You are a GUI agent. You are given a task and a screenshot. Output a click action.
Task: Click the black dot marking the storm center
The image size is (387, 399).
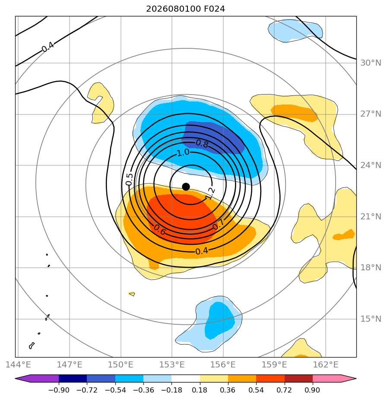pos(186,187)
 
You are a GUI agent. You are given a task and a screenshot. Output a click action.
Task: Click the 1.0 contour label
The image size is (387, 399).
pos(183,153)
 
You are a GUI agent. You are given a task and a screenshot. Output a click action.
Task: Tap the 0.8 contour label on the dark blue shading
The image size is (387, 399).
pos(202,144)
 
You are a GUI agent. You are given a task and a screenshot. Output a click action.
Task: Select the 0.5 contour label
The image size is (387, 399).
pos(129,179)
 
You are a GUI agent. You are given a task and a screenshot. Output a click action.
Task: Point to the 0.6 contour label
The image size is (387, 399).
pos(160,230)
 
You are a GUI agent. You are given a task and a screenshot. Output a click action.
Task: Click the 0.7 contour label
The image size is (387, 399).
pos(218,224)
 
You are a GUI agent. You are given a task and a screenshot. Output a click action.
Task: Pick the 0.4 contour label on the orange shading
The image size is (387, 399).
pos(202,251)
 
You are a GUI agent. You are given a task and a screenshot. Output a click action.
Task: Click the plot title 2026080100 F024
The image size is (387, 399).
pos(186,9)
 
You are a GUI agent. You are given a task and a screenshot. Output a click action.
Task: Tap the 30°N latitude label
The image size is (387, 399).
pos(371,63)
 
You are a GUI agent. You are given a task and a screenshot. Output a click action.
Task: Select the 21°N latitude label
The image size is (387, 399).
pos(371,216)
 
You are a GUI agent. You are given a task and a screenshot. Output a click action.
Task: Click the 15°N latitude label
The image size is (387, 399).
pos(371,319)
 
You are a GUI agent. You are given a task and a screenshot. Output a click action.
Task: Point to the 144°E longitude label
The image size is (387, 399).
pos(18,364)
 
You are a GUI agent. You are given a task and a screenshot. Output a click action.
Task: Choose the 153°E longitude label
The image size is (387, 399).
pos(172,364)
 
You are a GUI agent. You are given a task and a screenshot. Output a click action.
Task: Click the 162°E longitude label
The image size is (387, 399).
pos(326,364)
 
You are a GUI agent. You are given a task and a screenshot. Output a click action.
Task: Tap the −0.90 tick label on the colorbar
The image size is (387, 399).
pos(59,390)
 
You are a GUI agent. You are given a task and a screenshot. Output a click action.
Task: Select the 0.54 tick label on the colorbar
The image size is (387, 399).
pos(256,390)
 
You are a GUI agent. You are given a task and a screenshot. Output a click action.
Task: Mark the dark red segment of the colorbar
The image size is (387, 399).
pos(298,378)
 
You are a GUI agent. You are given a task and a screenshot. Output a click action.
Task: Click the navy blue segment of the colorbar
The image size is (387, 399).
pos(73,378)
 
